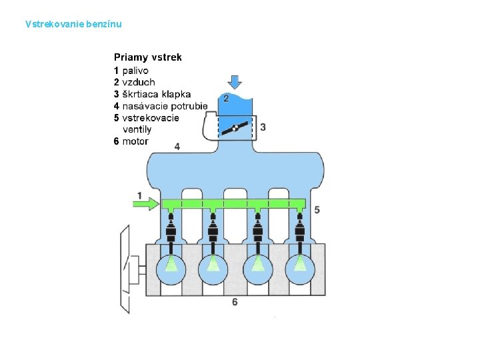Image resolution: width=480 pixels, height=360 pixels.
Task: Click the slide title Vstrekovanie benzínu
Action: (x=73, y=25)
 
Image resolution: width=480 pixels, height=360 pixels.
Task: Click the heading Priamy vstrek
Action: (x=147, y=58)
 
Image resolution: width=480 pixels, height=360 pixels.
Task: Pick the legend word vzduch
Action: (x=139, y=82)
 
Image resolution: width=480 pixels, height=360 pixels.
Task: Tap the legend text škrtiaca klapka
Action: (x=157, y=94)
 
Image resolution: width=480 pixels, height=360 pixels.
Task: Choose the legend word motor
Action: (x=135, y=141)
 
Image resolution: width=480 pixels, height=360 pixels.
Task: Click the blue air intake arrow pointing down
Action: (x=235, y=81)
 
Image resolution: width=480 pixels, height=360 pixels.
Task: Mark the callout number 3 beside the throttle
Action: (x=263, y=127)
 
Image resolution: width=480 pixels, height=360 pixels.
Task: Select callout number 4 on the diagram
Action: (x=177, y=147)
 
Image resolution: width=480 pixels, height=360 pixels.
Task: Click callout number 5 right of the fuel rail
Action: (x=317, y=209)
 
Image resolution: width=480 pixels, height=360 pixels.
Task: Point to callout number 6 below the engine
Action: (x=235, y=302)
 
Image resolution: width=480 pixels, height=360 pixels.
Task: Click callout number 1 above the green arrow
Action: (x=139, y=195)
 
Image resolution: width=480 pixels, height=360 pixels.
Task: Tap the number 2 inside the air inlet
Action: (x=226, y=99)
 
